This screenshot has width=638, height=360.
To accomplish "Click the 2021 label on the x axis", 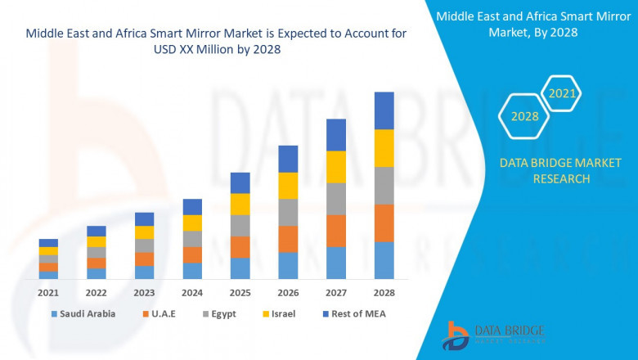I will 48,292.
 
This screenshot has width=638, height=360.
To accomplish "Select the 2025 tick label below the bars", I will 240,292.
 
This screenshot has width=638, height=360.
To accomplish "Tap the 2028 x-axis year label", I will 384,292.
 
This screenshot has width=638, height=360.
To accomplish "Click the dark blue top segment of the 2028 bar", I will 384,110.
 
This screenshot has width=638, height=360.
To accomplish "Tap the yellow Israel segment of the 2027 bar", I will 336,167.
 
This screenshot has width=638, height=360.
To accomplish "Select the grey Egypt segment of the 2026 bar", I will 288,212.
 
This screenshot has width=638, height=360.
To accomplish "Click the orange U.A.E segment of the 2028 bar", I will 384,223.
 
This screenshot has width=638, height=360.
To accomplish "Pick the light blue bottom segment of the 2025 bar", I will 240,268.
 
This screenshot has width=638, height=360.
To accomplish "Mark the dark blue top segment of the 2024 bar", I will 192,206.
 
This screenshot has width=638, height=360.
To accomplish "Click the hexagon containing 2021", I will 562,94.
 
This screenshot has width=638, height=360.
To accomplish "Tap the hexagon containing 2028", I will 524,117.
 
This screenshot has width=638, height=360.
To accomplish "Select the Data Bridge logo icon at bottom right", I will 455,335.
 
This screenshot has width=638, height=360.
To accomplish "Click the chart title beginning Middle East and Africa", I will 217,41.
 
